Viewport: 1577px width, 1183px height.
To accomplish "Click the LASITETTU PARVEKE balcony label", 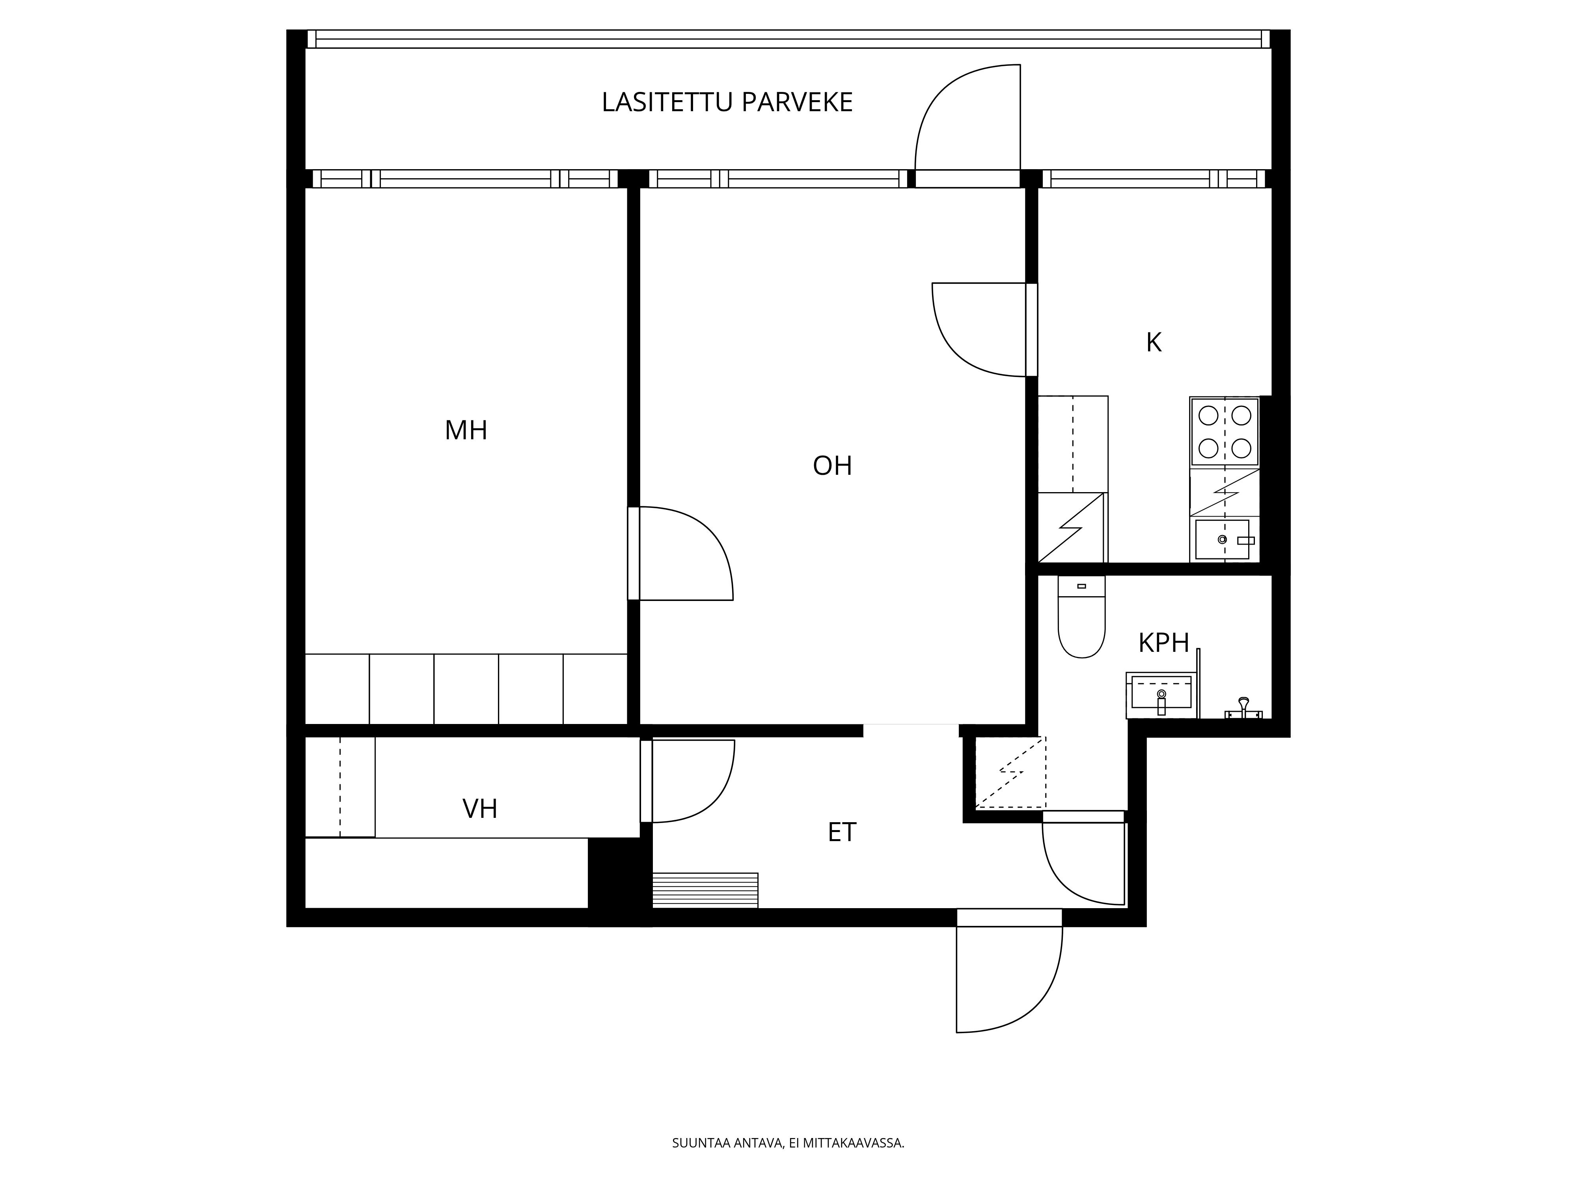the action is tap(727, 103).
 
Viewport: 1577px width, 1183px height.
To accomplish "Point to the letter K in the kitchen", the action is tap(1154, 343).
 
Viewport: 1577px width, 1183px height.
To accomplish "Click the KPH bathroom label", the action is tap(1163, 643).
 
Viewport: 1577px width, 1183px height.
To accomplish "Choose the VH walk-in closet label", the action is tap(480, 809).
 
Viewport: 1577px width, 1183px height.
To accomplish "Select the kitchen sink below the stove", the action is tap(1223, 539).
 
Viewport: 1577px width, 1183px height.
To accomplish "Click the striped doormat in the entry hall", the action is tap(705, 890).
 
